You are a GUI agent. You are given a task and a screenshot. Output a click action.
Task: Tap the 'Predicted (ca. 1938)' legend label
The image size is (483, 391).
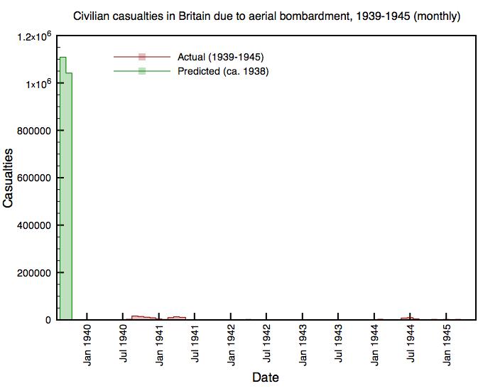223,71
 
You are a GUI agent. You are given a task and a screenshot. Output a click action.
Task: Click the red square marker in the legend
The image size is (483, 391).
142,57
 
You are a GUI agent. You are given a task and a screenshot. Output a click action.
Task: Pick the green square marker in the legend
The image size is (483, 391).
142,71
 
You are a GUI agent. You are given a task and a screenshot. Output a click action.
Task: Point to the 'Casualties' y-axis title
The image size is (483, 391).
9,178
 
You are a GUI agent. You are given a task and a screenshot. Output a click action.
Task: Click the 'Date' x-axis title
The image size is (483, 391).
266,377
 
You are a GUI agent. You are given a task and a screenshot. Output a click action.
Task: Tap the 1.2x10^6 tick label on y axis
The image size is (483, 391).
33,36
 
